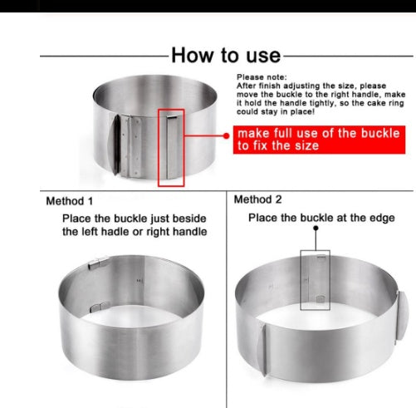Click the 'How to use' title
click(226, 55)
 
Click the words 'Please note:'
click(262, 77)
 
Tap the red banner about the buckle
click(319, 140)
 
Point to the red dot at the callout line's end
click(226, 135)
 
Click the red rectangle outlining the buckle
click(159, 148)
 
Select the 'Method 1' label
click(70, 201)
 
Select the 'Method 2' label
click(257, 199)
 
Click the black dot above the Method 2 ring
click(316, 228)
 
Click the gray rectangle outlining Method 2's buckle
click(301, 280)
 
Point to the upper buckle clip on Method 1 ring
click(98, 263)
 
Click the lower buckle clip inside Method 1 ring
click(98, 307)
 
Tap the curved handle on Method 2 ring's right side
click(403, 316)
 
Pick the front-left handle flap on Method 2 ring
click(262, 350)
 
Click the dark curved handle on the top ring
click(115, 145)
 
